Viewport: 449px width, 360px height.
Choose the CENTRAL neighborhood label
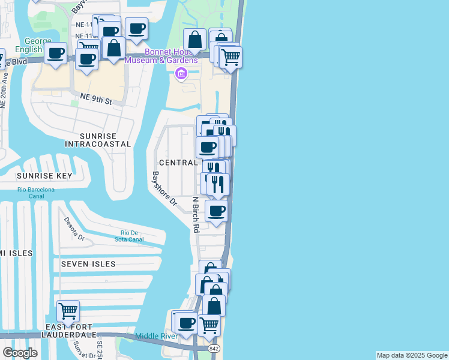[178, 163]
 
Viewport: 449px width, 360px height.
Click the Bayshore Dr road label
[163, 188]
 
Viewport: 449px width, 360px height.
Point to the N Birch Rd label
[195, 214]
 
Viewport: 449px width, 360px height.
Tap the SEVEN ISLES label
[88, 264]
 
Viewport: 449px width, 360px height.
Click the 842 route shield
[214, 349]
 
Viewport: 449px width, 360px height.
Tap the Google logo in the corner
[20, 352]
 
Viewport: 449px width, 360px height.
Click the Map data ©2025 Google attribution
[412, 355]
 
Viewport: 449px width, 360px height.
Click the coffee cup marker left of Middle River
[187, 323]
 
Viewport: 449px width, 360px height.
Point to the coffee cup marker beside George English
[57, 53]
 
